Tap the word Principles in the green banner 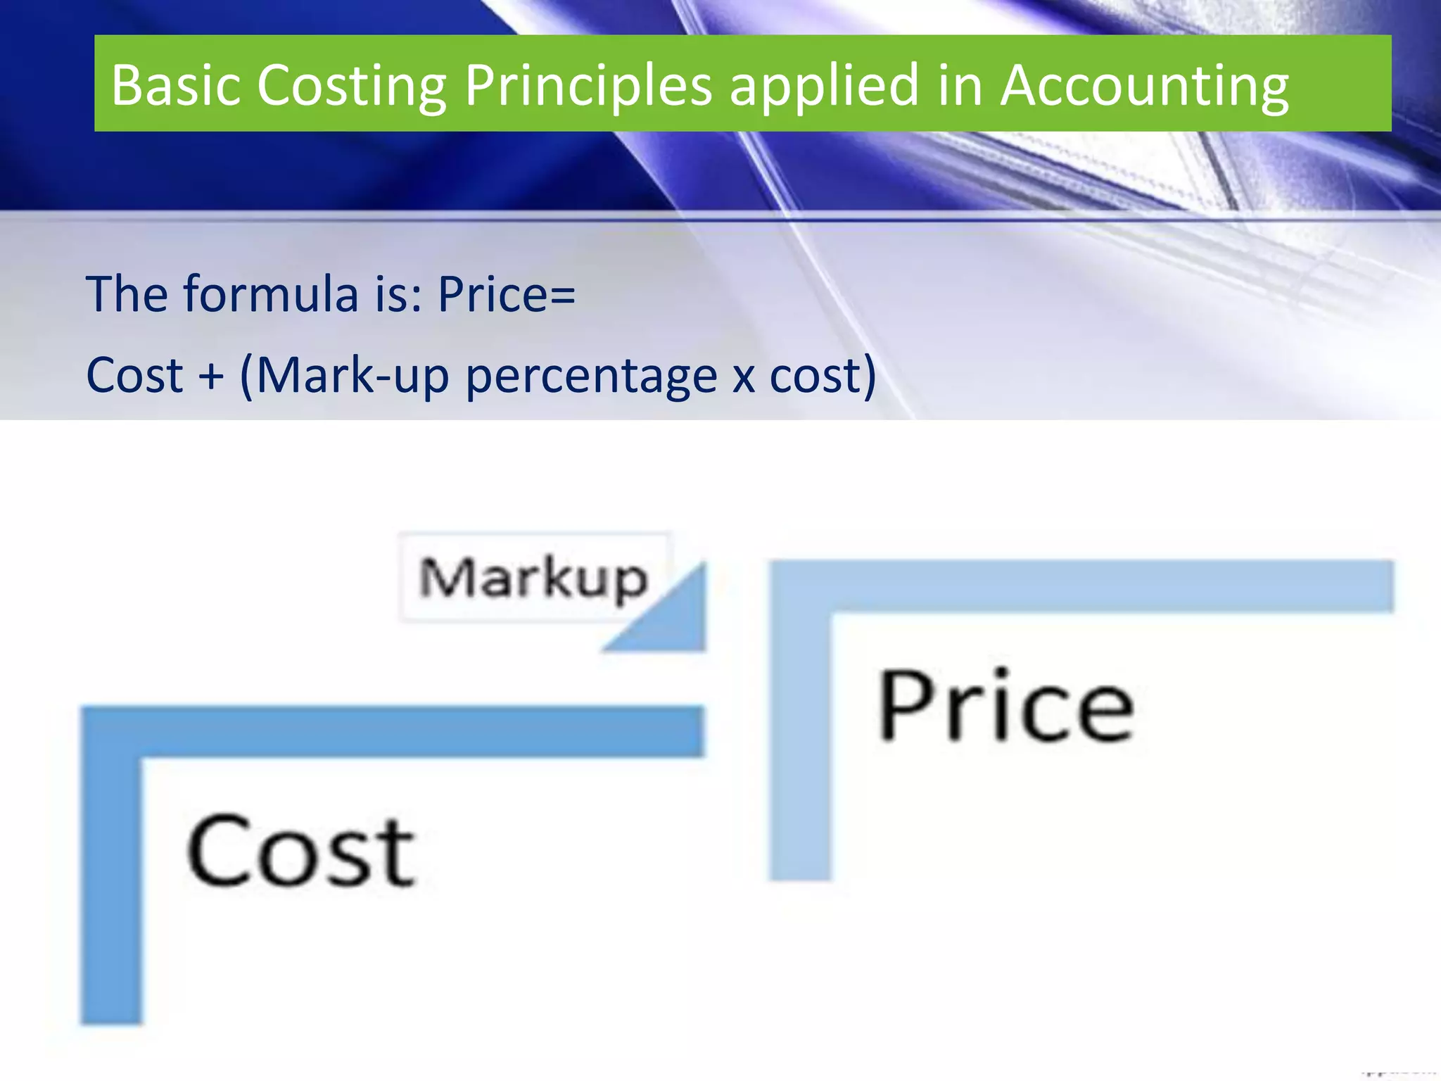(x=588, y=86)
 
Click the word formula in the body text (x=270, y=293)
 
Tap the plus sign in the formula (x=211, y=375)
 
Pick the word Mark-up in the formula (x=352, y=375)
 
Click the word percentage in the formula (x=591, y=375)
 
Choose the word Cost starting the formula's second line (x=134, y=375)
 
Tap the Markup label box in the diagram (x=533, y=578)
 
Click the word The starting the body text (x=127, y=293)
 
